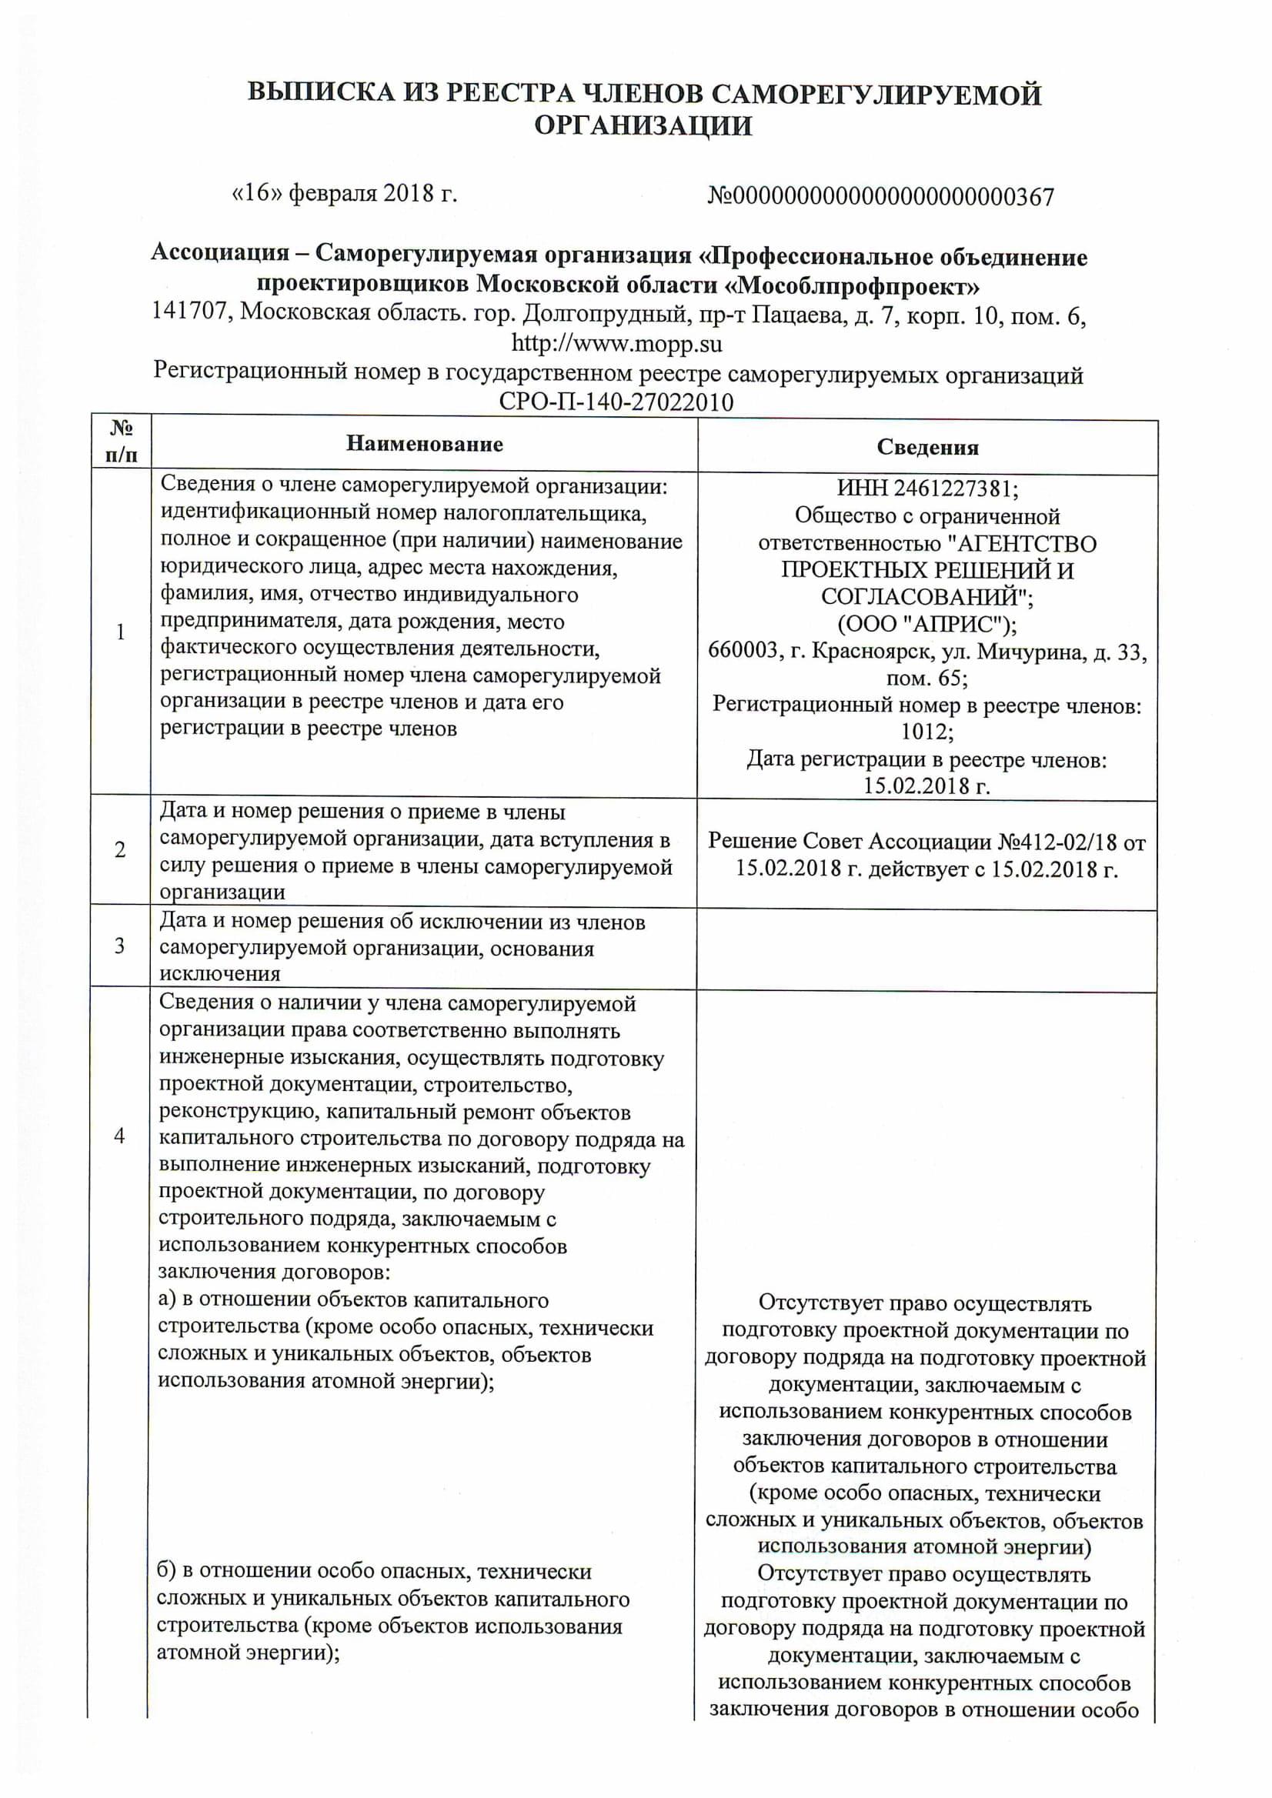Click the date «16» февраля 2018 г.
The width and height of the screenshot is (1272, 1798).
click(345, 192)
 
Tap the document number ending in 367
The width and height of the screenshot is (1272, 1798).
click(880, 196)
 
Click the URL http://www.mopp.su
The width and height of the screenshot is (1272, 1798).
click(616, 344)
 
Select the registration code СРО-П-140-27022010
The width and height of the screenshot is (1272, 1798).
click(616, 402)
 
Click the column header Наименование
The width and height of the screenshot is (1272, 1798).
click(424, 444)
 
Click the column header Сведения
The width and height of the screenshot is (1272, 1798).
click(926, 447)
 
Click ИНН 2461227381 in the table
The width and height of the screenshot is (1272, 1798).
click(926, 489)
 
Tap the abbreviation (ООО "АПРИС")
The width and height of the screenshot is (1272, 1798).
click(926, 624)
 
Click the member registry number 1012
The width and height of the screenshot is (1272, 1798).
click(926, 732)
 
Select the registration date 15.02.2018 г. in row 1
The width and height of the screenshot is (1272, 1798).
click(926, 786)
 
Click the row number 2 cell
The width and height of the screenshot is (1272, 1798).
click(120, 849)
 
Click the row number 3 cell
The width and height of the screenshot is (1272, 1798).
click(120, 946)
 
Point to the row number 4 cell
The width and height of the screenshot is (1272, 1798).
click(120, 1135)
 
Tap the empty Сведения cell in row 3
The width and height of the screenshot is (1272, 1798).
click(926, 949)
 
